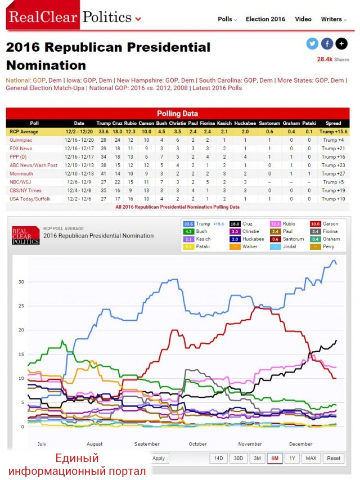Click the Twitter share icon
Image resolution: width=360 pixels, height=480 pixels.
312,44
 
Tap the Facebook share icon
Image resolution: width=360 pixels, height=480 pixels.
327,44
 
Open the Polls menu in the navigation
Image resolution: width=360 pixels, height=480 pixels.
227,19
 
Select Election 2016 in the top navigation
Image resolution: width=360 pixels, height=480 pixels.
265,19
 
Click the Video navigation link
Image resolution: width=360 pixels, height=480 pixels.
303,19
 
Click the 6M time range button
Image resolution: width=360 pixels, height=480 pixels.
275,458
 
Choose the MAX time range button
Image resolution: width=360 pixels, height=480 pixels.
310,458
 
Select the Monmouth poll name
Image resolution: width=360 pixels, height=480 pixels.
21,174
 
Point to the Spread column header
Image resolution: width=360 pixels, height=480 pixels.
333,123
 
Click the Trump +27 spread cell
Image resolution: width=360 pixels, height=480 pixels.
333,174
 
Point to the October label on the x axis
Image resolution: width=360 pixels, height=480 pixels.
197,444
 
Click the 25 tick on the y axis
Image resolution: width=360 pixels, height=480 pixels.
21,306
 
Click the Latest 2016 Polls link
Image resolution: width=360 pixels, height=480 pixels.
219,88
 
